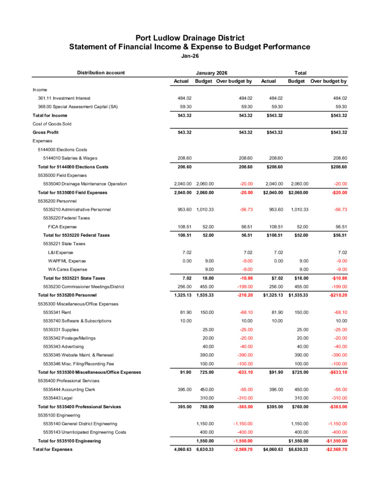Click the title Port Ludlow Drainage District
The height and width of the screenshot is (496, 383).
[x=190, y=38]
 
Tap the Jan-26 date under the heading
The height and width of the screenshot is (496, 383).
[x=190, y=56]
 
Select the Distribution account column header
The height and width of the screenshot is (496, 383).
[x=101, y=73]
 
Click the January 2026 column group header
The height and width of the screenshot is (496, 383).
[x=212, y=73]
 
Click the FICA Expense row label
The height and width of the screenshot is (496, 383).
[x=62, y=227]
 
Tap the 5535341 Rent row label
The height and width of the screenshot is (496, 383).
[x=57, y=312]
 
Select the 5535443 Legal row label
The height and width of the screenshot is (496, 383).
[x=59, y=398]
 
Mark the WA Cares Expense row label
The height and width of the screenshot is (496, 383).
[x=67, y=269]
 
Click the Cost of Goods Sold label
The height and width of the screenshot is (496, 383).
[x=52, y=124]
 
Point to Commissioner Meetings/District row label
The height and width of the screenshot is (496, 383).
[x=84, y=287]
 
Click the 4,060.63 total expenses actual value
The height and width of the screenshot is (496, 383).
[x=183, y=449]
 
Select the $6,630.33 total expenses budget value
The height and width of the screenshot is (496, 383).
[x=298, y=449]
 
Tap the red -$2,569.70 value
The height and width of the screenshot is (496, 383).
[x=334, y=449]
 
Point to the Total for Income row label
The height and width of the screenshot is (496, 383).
[x=50, y=115]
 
